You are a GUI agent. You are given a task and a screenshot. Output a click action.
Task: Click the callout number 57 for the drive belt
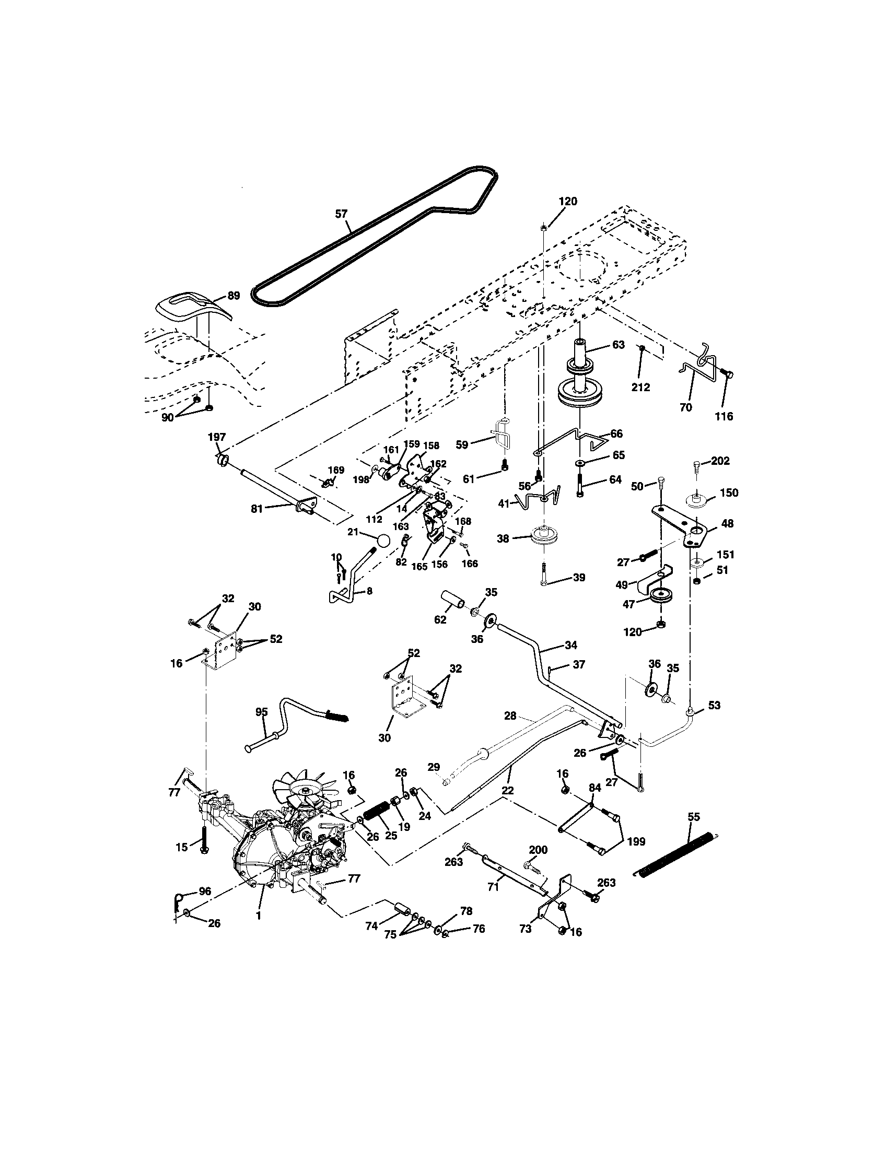point(342,214)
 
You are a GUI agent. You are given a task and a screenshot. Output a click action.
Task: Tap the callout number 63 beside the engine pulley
point(618,345)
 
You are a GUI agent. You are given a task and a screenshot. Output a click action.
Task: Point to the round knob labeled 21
point(383,542)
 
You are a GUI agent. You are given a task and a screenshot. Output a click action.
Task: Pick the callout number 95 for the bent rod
point(262,712)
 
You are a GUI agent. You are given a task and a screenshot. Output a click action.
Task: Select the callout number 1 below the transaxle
point(258,916)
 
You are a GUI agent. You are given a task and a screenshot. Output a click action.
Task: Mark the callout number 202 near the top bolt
point(720,461)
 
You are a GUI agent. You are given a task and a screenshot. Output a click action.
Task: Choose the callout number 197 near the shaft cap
point(217,437)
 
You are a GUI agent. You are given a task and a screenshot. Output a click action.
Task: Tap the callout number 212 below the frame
point(640,387)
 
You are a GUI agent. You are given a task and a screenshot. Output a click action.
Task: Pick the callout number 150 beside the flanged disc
point(729,493)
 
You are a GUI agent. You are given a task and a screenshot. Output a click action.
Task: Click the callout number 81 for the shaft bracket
point(257,509)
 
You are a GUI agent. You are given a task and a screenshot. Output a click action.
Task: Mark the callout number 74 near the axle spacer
point(372,926)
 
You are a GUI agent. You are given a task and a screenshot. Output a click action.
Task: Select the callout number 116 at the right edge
point(724,416)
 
